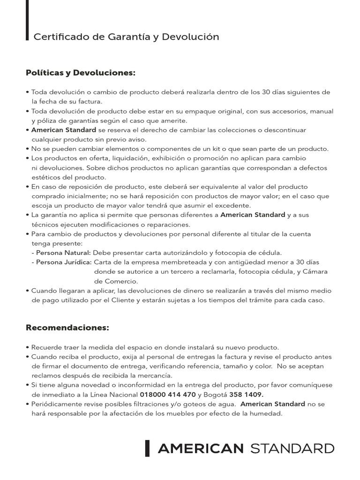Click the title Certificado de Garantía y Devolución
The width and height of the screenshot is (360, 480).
coord(126,37)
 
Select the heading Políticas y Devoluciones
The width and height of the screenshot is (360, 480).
coord(80,73)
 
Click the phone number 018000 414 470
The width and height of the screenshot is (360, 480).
coord(168,395)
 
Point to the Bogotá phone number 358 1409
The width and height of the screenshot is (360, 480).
coord(246,395)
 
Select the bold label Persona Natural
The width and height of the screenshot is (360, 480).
coord(64,253)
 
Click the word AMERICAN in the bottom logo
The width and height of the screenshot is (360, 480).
coord(201,449)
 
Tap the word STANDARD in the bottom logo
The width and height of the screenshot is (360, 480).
coord(292,449)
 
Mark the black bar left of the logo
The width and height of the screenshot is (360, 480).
coord(147,449)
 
